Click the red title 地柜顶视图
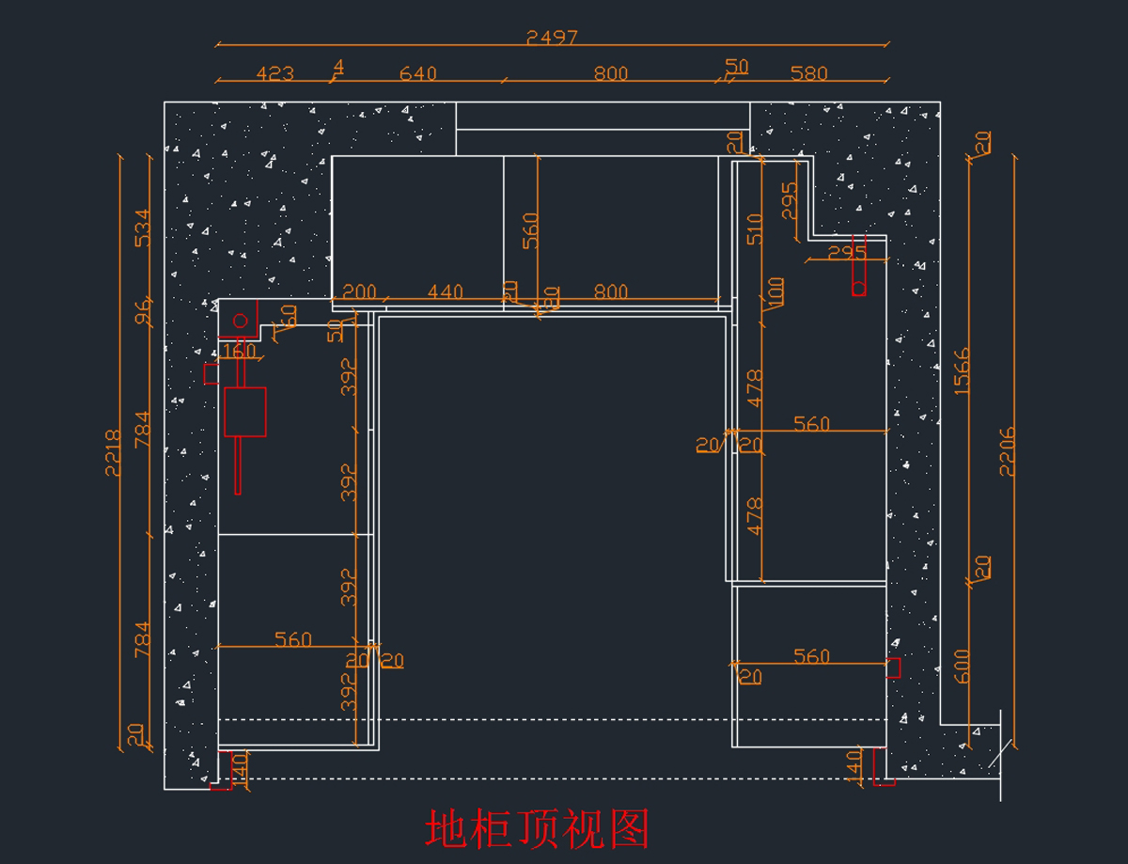point(538,829)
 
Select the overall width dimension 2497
point(552,38)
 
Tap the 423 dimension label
point(274,73)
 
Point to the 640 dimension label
point(417,73)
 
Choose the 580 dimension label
point(808,73)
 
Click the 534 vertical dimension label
point(143,228)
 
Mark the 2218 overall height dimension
point(113,453)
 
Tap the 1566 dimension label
point(962,371)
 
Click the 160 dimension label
point(239,352)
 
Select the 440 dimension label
point(445,292)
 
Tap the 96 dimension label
point(143,313)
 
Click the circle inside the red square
point(240,321)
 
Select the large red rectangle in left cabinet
point(245,412)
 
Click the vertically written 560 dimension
point(531,230)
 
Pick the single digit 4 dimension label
point(338,67)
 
